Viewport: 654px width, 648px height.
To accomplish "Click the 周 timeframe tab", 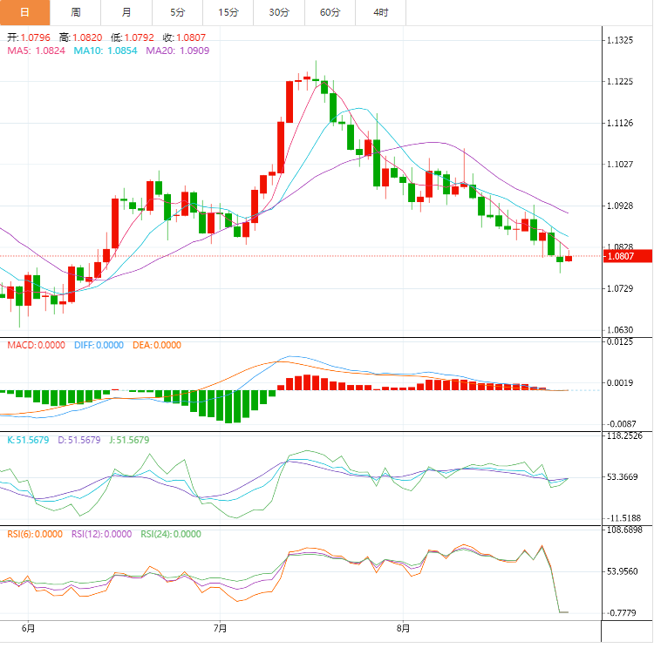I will (x=76, y=12).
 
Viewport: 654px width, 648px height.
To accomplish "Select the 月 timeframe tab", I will (x=126, y=12).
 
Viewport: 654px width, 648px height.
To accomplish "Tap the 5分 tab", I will (x=178, y=12).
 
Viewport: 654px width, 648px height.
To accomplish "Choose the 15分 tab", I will (x=228, y=12).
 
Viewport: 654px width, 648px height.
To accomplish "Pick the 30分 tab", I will (x=279, y=12).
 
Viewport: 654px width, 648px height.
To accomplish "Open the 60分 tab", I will (x=330, y=12).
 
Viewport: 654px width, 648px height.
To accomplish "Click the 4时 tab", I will (x=381, y=12).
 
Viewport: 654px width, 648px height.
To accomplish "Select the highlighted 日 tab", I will (x=24, y=12).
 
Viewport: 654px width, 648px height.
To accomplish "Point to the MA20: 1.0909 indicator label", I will (x=177, y=51).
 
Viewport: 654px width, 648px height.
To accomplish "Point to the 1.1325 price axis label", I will (x=624, y=41).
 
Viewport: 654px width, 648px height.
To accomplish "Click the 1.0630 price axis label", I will (x=624, y=330).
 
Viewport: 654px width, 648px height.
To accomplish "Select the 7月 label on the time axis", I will (x=220, y=627).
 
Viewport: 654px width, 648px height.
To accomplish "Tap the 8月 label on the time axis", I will (x=403, y=627).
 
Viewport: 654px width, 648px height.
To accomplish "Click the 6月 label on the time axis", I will (x=28, y=627).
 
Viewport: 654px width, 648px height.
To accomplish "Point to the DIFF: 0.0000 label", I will (x=99, y=345).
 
